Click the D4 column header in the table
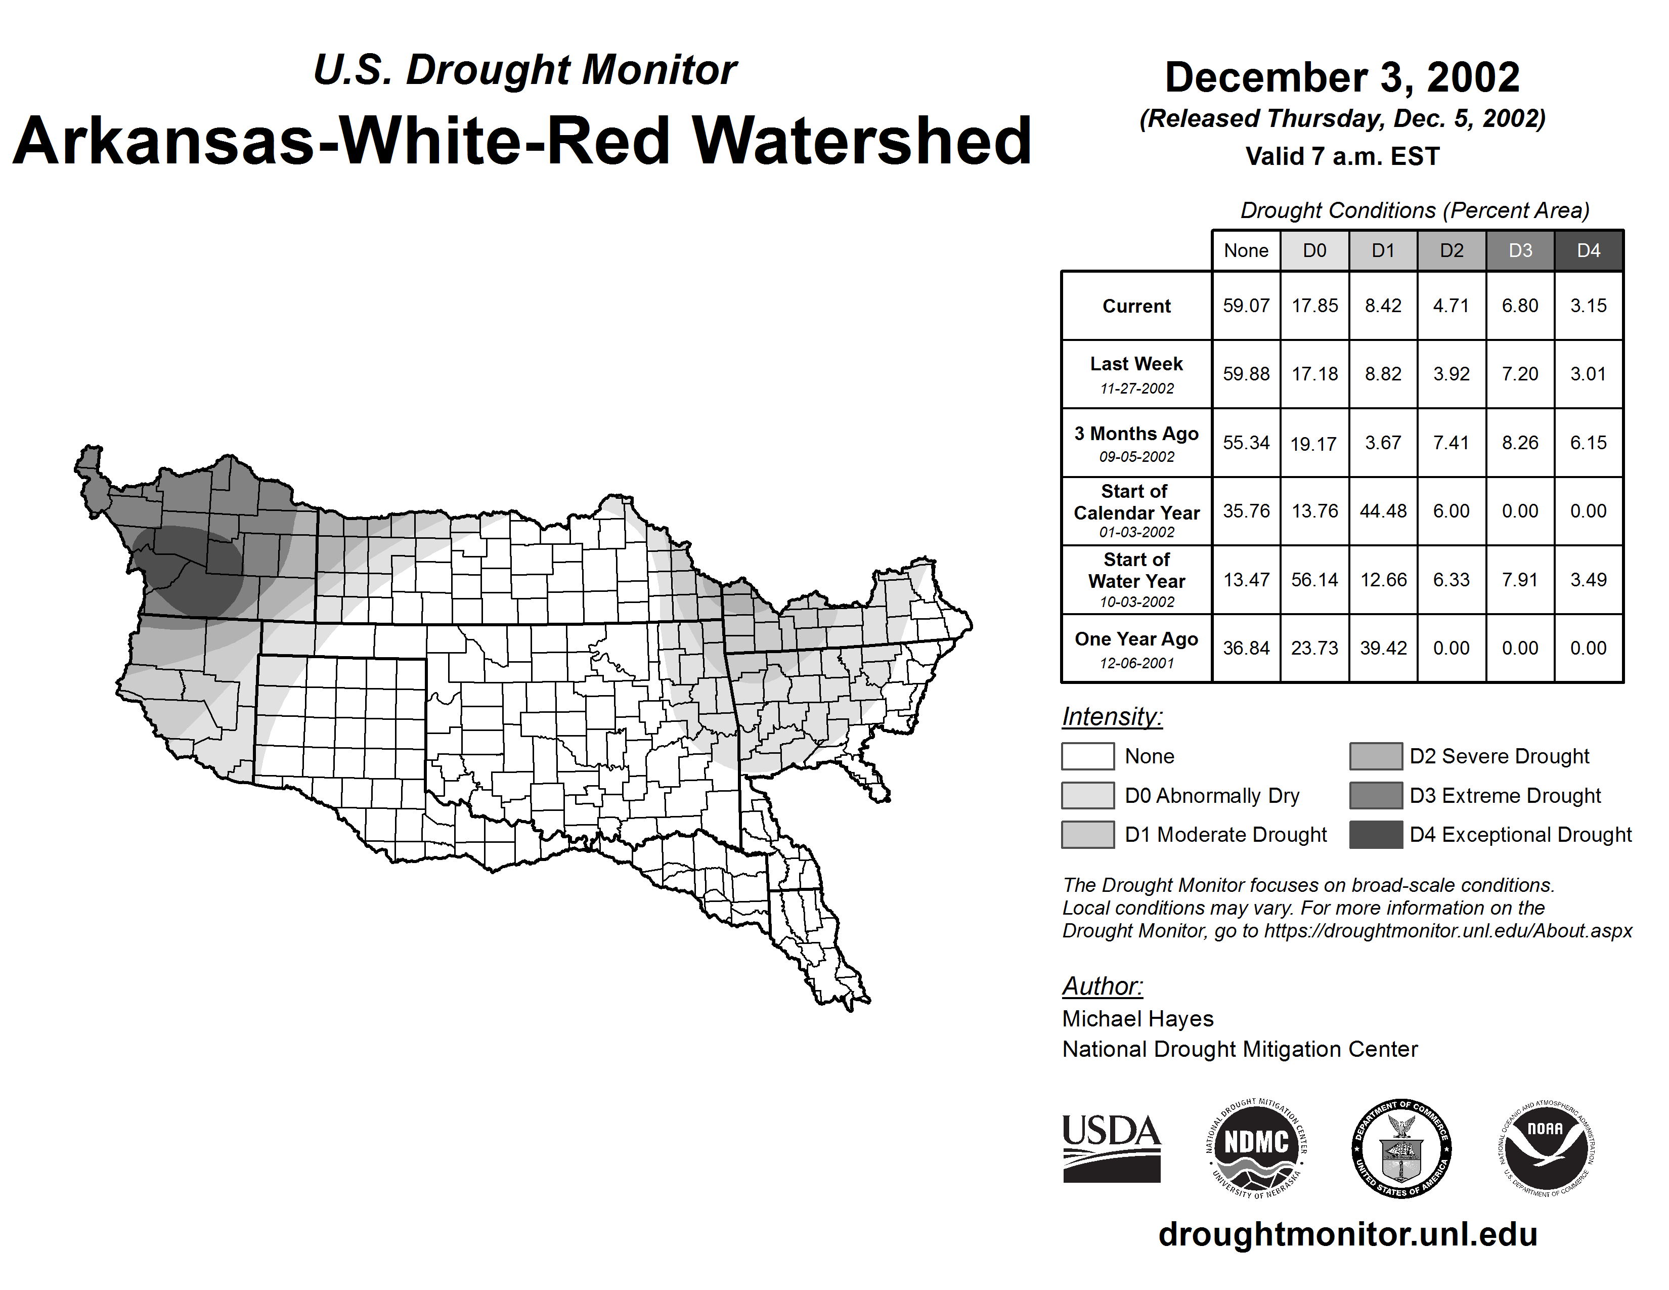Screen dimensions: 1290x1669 tap(1588, 250)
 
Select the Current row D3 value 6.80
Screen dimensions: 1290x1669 tap(1520, 306)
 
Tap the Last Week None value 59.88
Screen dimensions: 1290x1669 tap(1246, 374)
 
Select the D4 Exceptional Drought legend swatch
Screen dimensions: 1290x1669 tap(1376, 835)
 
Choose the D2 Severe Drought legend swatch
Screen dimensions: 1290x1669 tap(1376, 756)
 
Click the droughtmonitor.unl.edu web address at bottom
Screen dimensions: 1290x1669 tap(1348, 1235)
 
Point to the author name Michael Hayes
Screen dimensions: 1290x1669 tap(1137, 1019)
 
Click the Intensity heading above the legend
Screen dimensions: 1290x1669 tap(1112, 717)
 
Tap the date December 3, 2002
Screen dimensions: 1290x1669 tap(1342, 77)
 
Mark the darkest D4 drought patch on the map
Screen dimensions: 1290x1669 tap(191, 569)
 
